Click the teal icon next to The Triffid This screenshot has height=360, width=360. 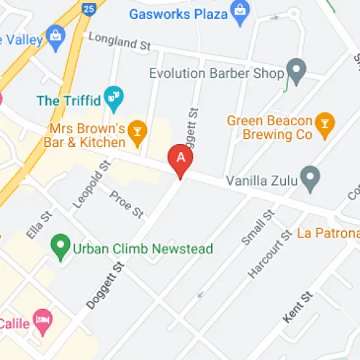click(x=114, y=95)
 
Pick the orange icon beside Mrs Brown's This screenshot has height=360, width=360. click(x=138, y=130)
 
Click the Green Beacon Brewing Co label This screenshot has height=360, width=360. click(x=270, y=127)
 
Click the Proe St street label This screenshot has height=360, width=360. click(x=127, y=204)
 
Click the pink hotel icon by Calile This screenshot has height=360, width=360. click(x=43, y=321)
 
